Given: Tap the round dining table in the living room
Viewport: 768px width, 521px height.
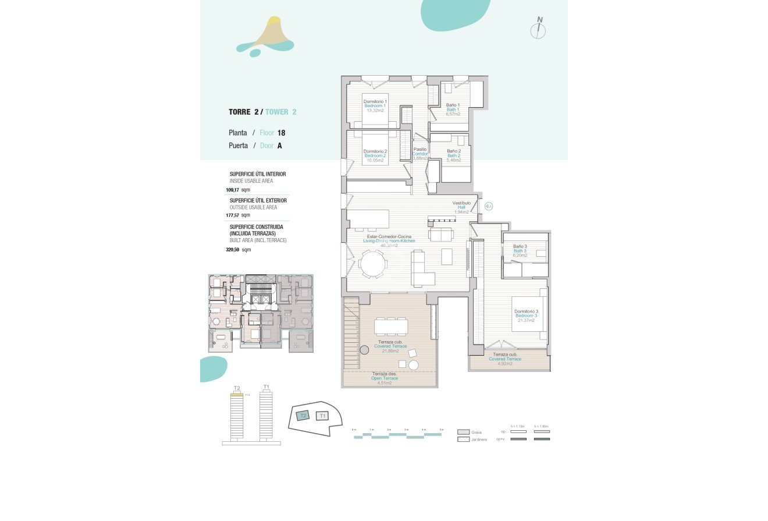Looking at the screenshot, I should click(x=373, y=264).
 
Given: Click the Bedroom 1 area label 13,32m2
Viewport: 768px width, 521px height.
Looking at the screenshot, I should click(x=376, y=110).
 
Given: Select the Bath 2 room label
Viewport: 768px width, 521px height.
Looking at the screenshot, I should click(x=454, y=155).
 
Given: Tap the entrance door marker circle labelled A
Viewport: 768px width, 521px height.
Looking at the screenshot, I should click(x=489, y=206).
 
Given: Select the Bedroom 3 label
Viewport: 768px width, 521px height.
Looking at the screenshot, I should click(x=526, y=316).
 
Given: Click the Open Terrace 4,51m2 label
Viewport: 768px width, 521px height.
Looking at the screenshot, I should click(x=385, y=378).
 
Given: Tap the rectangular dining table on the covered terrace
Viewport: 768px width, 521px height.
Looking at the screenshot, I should click(x=391, y=327).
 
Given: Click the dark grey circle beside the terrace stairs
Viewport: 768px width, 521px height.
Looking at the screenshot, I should click(x=365, y=350).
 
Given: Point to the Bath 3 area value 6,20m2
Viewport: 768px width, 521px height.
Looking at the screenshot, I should click(x=520, y=255).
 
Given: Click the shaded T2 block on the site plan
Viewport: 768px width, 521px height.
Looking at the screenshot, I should click(x=303, y=416).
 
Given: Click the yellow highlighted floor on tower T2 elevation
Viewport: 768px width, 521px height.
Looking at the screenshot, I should click(x=237, y=394).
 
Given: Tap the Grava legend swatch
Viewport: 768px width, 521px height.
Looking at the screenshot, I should click(x=463, y=433).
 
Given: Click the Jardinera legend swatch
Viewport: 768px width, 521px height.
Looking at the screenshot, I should click(x=463, y=440).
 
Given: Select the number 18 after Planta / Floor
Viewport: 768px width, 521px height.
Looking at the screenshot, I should click(x=281, y=133).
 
